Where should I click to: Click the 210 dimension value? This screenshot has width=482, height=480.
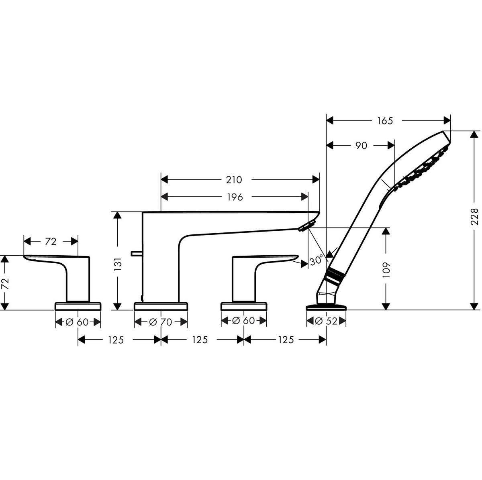234,179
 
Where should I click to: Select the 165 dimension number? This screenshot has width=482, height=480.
385,120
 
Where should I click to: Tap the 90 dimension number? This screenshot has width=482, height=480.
361,145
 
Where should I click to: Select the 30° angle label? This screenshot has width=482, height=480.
316,260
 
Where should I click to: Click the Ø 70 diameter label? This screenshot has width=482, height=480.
161,321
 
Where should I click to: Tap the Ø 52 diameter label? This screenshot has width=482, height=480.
327,321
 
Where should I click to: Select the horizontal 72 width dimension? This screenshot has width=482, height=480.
51,241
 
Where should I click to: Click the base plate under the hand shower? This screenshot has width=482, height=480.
326,307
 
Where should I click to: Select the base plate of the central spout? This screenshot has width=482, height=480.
161,307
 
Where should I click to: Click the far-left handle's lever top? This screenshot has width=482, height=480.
56,256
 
